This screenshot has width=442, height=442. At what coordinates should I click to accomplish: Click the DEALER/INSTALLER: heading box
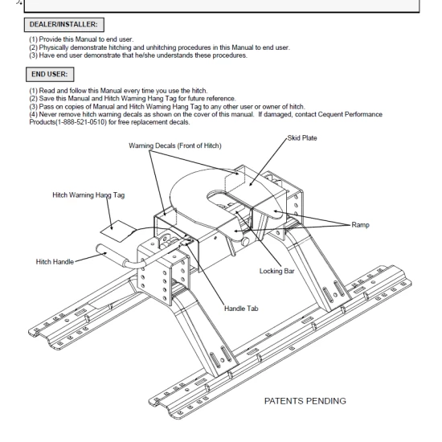coord(64,25)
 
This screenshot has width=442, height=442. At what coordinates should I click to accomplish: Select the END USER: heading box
coord(50,75)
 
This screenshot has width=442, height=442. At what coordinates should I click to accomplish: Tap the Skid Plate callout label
coord(302,138)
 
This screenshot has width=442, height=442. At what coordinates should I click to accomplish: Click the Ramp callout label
coord(360,225)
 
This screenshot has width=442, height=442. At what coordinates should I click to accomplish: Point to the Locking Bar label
coord(276,271)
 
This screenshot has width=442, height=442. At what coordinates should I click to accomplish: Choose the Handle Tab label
coord(241,309)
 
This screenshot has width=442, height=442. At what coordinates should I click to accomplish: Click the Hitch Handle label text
coord(55,262)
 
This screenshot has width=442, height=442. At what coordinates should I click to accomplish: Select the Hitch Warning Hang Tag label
coord(88,195)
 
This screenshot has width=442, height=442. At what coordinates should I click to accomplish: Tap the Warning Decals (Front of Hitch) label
coord(175,145)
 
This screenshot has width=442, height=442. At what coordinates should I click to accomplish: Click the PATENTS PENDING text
coord(305,401)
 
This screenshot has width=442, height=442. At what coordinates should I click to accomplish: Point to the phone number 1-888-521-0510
coord(81,122)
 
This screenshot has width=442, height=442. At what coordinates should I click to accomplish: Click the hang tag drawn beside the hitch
coord(118,231)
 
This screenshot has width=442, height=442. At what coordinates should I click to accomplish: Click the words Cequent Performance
coord(350,114)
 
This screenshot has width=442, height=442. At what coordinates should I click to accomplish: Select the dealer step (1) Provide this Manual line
coord(81,39)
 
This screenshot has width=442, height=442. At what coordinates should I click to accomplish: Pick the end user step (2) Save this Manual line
coord(133,99)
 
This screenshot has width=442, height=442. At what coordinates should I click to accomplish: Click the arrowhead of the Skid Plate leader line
coord(251,184)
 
